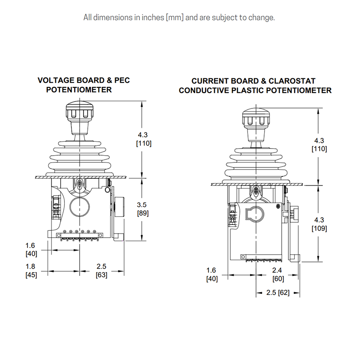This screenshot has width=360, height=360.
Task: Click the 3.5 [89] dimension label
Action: point(143,209)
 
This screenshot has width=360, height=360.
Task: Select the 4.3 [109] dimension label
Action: point(319,224)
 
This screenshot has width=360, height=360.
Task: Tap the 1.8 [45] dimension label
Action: point(31,270)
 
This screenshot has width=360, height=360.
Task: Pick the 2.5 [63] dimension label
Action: point(102,270)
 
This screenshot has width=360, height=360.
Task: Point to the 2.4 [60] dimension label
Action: point(278,274)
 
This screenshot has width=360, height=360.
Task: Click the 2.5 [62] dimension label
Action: point(278,292)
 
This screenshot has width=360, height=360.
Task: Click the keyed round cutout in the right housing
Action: point(246,214)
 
